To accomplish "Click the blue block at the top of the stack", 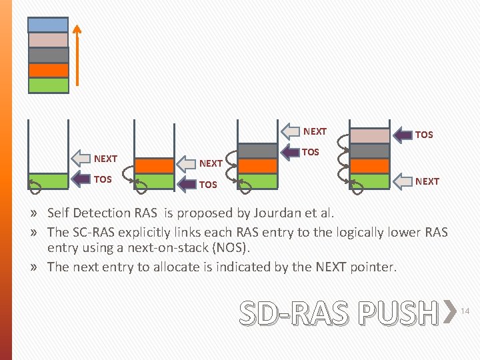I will coord(48,24).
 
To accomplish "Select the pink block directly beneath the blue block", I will coord(48,39).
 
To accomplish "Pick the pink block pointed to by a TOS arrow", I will coord(369,135).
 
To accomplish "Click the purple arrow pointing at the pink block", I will coord(403,135).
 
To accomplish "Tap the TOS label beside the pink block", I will coord(424,135).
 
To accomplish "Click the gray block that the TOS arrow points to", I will coord(257,151).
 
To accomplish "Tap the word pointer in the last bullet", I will coord(369,267).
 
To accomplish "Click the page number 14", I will coord(466,311).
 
